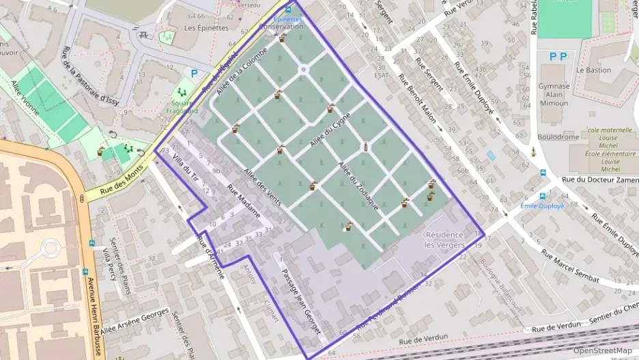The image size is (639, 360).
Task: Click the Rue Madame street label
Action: (244, 202)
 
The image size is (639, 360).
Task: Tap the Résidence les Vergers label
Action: (444, 240)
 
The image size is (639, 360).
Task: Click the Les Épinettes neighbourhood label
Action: (206, 28)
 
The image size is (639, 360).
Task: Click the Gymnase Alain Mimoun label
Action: (554, 94)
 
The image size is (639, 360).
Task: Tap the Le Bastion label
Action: (593, 70)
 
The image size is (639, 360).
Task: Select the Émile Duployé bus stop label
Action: (541, 206)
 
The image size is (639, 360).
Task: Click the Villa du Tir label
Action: (186, 168)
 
